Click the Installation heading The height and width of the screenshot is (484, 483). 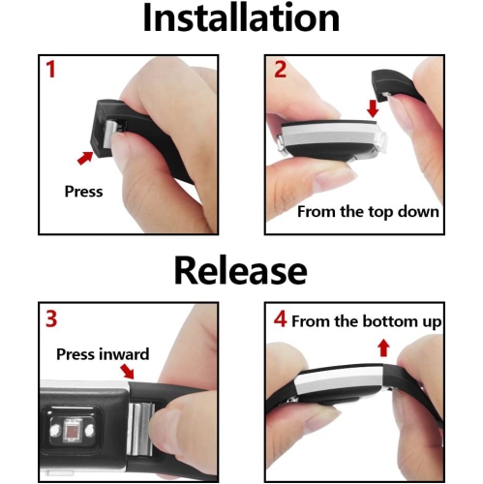tap(241, 18)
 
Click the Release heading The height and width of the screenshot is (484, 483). tap(240, 270)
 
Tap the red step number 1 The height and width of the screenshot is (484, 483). tap(50, 69)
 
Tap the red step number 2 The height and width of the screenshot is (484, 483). tap(280, 69)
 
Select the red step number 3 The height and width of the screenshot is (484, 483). tap(51, 318)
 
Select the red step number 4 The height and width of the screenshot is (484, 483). tap(280, 319)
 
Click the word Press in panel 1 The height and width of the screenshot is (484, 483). tap(83, 192)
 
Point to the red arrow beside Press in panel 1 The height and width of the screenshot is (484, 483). tap(85, 158)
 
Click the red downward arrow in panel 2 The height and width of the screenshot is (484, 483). tap(373, 108)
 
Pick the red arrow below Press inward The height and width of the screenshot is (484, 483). tap(127, 371)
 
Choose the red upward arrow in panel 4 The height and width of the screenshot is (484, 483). tap(383, 348)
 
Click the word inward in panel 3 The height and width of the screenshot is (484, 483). tap(124, 354)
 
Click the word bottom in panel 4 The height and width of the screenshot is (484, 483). tap(384, 321)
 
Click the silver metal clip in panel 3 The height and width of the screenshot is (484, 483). tap(140, 427)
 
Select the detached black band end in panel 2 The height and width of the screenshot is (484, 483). tap(394, 86)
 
